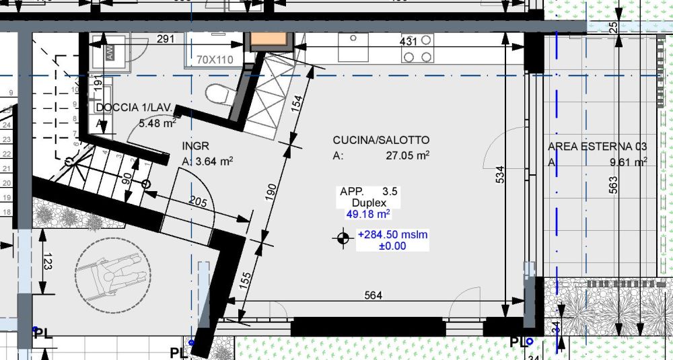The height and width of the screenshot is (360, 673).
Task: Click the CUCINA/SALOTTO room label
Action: point(381,140)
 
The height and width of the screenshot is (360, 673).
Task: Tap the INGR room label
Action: point(195,145)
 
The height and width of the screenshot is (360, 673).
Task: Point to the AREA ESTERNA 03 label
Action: point(598,145)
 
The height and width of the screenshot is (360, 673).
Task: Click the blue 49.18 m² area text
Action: point(368,215)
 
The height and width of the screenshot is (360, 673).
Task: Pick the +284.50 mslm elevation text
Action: point(393,235)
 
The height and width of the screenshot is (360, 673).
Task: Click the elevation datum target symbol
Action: point(343,237)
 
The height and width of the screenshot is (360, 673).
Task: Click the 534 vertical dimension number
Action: point(499,175)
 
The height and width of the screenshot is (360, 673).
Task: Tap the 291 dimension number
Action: point(166,40)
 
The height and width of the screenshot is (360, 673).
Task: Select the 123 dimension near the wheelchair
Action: point(45,262)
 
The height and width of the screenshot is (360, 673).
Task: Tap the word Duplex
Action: point(368,203)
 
